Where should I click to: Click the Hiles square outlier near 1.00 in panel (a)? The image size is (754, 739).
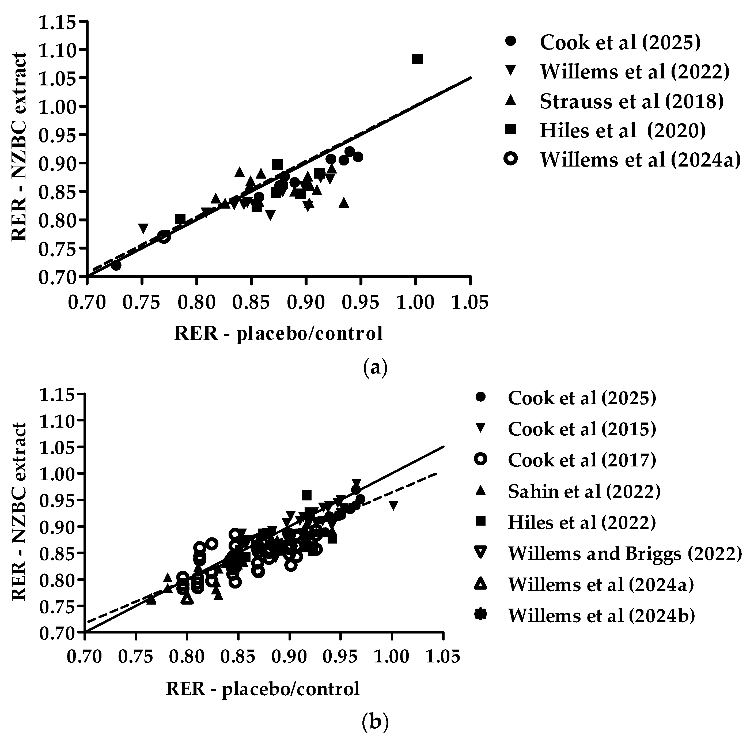click(417, 59)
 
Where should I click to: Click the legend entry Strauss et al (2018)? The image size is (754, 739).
click(631, 101)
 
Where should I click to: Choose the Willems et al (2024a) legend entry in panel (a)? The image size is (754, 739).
click(640, 160)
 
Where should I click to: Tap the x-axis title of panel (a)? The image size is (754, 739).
click(278, 333)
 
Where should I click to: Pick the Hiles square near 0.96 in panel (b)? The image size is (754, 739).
click(306, 495)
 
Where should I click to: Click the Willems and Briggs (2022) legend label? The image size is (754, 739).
click(625, 553)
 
